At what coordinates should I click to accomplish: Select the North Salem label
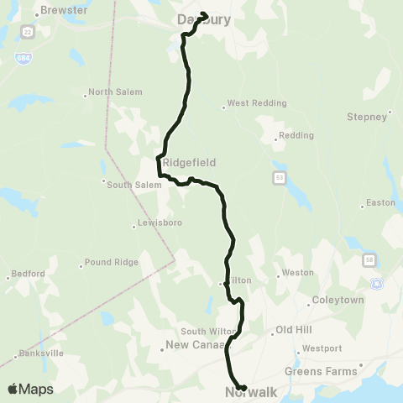(x=115, y=92)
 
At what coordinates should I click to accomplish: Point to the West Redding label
(x=257, y=103)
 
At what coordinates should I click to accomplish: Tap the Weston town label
(x=298, y=273)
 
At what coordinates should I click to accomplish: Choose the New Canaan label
(x=194, y=344)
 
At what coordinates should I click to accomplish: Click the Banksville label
(x=43, y=353)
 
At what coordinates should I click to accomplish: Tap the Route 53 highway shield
(x=278, y=177)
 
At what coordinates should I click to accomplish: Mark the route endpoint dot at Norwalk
(x=242, y=388)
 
